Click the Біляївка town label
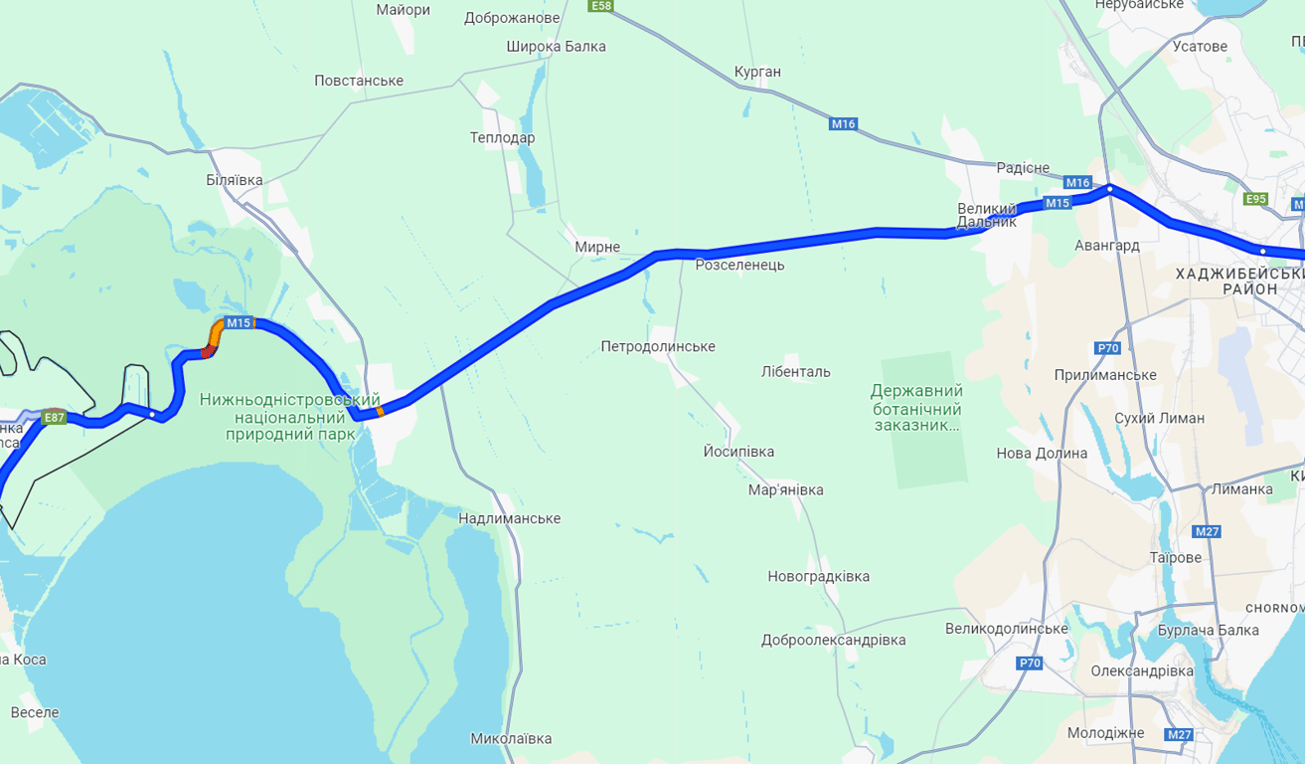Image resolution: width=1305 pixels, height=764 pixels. click(235, 180)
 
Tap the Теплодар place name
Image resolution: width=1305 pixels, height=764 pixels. click(503, 137)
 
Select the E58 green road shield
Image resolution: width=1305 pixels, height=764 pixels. click(600, 6)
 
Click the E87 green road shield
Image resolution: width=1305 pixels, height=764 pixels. click(55, 418)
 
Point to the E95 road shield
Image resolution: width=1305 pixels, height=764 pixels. click(1256, 199)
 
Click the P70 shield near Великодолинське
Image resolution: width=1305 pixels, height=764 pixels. click(1030, 663)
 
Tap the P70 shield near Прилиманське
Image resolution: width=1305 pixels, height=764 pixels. click(1107, 348)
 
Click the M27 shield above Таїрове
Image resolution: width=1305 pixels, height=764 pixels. click(1207, 531)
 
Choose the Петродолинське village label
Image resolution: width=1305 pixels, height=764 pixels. click(658, 346)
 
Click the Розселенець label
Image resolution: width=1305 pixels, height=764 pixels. click(739, 265)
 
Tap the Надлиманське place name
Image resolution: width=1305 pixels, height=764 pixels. click(509, 518)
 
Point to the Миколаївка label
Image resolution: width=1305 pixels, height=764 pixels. click(511, 739)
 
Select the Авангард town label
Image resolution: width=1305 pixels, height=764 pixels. click(1107, 245)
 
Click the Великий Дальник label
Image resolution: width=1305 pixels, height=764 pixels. click(987, 215)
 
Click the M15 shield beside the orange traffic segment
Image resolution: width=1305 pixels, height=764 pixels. click(239, 322)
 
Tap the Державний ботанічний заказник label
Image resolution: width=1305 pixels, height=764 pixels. click(916, 408)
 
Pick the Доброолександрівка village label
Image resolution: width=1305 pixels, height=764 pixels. click(834, 640)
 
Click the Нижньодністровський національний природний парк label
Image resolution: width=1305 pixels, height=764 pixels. click(289, 416)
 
